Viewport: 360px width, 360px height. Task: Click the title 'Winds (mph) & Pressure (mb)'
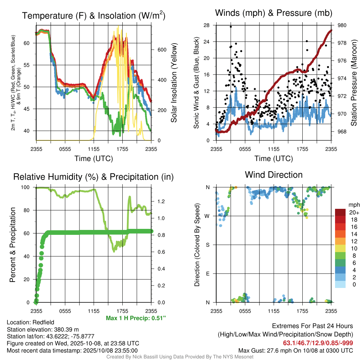pyautogui.click(x=274, y=13)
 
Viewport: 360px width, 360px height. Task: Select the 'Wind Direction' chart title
pyautogui.click(x=274, y=175)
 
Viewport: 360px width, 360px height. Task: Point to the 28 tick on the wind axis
pyautogui.click(x=206, y=25)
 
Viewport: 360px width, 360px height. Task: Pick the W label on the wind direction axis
pyautogui.click(x=207, y=216)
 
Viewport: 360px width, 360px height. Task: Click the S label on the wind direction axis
pyautogui.click(x=207, y=245)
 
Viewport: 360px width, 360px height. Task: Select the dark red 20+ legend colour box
pyautogui.click(x=340, y=212)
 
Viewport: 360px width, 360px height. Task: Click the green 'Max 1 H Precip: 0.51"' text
pyautogui.click(x=136, y=318)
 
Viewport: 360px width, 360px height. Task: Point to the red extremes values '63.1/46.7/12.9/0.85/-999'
pyautogui.click(x=318, y=343)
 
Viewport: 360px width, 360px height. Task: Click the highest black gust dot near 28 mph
pyautogui.click(x=231, y=26)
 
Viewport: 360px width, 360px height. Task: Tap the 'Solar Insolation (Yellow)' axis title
pyautogui.click(x=174, y=83)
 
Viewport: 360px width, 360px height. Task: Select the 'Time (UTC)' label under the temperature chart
pyautogui.click(x=94, y=159)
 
